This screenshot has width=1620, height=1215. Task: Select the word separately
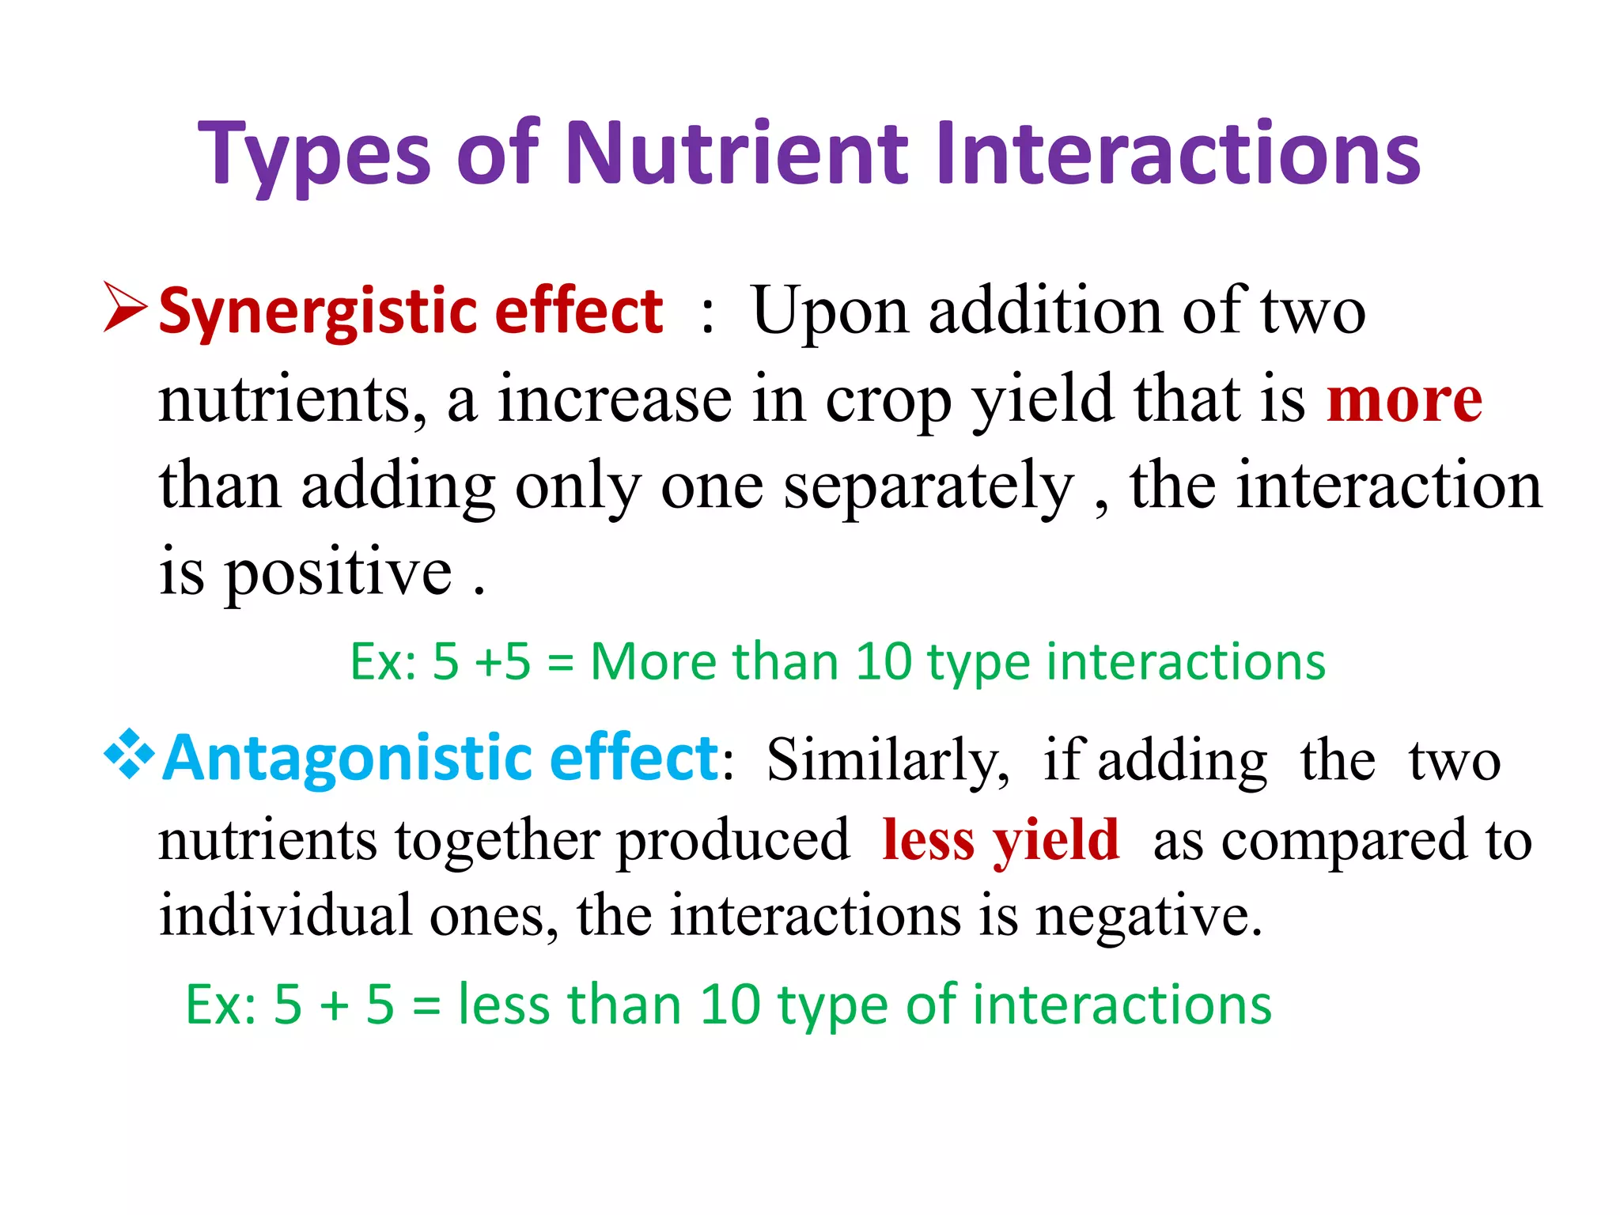click(x=928, y=486)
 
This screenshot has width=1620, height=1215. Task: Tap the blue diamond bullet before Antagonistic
click(x=128, y=755)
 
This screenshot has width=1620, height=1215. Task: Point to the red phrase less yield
click(x=1001, y=840)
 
